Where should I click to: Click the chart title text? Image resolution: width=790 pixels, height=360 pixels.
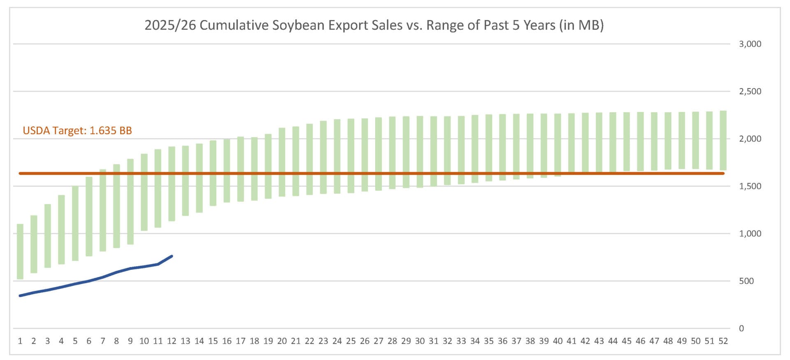pyautogui.click(x=374, y=25)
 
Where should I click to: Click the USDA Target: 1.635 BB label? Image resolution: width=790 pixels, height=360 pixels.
pyautogui.click(x=77, y=130)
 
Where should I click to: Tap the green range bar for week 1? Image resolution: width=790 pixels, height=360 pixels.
pyautogui.click(x=20, y=251)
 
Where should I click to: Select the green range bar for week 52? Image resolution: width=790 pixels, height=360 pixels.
pyautogui.click(x=723, y=140)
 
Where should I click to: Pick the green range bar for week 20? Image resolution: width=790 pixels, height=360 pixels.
pyautogui.click(x=282, y=162)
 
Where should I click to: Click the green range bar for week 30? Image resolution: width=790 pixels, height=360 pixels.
pyautogui.click(x=420, y=152)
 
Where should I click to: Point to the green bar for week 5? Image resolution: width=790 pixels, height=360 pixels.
pyautogui.click(x=75, y=223)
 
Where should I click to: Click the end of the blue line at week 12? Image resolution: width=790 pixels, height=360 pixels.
pyautogui.click(x=172, y=256)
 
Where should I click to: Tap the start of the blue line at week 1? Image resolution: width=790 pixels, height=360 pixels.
pyautogui.click(x=20, y=295)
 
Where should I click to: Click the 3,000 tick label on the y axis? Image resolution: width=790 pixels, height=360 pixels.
pyautogui.click(x=750, y=44)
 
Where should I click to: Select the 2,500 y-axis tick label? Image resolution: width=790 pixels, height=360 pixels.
pyautogui.click(x=750, y=91)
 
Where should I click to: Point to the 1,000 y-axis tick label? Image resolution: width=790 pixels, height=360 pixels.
pyautogui.click(x=750, y=234)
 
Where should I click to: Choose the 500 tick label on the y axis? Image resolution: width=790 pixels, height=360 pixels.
pyautogui.click(x=746, y=281)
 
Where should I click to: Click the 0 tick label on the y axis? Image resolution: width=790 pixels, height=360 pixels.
pyautogui.click(x=741, y=328)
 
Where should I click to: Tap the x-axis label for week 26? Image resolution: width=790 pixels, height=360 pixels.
pyautogui.click(x=365, y=341)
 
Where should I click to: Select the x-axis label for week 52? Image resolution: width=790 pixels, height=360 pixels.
pyautogui.click(x=723, y=341)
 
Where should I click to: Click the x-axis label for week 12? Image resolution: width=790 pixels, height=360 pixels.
pyautogui.click(x=172, y=341)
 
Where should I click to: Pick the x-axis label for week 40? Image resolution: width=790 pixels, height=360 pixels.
pyautogui.click(x=558, y=341)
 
